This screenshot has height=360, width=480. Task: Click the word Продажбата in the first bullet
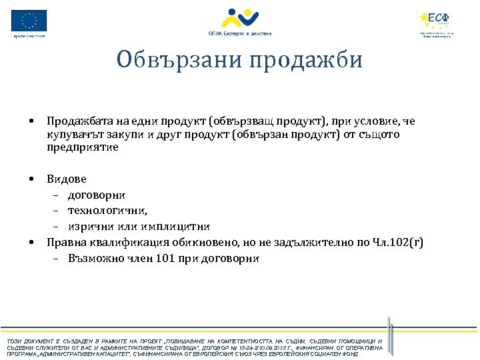pyautogui.click(x=76, y=121)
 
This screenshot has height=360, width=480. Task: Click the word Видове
pyautogui.click(x=67, y=179)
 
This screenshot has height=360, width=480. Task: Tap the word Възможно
pyautogui.click(x=94, y=258)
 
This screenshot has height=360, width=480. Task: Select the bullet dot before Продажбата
pyautogui.click(x=31, y=121)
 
